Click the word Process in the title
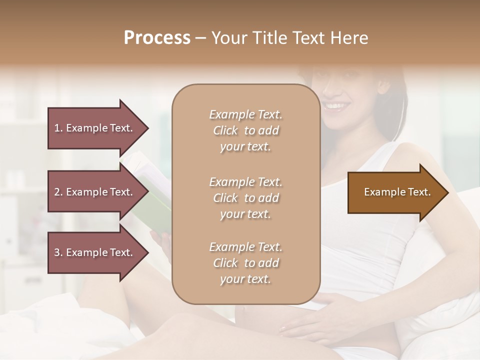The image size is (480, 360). (x=157, y=38)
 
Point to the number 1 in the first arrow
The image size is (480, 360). (x=57, y=128)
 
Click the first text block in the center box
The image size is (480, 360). (x=245, y=130)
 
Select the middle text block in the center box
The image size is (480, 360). (x=245, y=198)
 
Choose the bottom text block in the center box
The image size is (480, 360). (x=245, y=263)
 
